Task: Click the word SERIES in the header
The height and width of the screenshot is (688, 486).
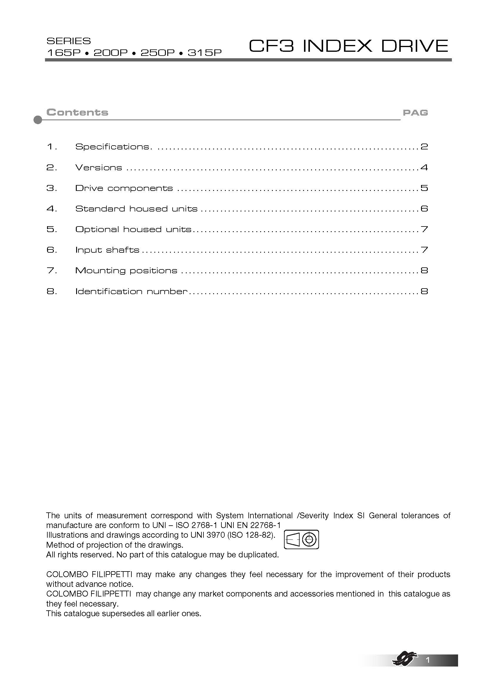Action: coord(69,41)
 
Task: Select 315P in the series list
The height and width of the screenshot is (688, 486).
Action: coord(205,53)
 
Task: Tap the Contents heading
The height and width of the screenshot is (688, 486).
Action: coord(77,112)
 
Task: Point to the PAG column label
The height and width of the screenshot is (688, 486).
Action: coord(415,113)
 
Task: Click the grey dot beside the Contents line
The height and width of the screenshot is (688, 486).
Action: coord(38,120)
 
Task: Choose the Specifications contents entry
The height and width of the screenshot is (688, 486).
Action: coord(113,146)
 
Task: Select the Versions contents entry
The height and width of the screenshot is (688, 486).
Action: coord(98,167)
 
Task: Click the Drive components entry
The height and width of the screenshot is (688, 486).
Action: coord(124,188)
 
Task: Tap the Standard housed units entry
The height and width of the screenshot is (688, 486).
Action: coord(136,209)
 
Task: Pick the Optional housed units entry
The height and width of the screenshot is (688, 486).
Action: coord(133,229)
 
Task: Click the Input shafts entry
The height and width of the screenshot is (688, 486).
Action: coord(107,250)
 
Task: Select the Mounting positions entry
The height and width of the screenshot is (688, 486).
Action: coord(126,271)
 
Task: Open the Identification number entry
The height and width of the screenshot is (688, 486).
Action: coord(131,291)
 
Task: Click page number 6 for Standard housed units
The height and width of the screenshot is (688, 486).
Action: coord(424,209)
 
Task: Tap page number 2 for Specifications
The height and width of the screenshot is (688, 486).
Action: coord(424,146)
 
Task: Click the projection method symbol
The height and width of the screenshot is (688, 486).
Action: coord(301,540)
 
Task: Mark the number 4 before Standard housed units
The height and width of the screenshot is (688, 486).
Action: coord(51,209)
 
